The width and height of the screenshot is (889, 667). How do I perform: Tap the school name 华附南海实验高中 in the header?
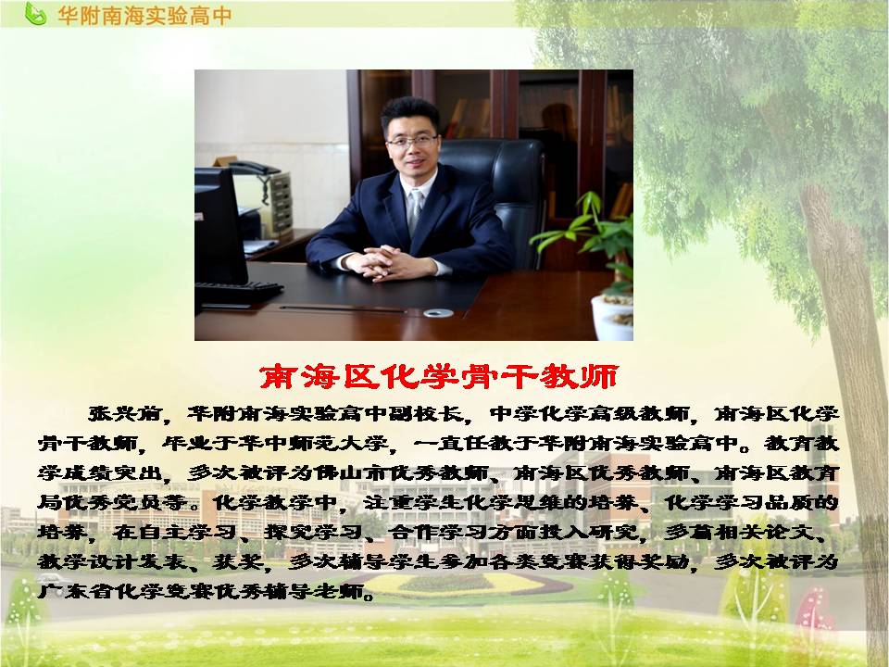144,16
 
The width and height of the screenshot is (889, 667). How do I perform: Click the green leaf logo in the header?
34,14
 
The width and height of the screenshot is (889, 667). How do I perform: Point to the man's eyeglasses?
412,140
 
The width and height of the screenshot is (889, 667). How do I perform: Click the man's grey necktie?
416,208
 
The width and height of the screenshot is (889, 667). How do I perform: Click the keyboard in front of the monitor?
238,292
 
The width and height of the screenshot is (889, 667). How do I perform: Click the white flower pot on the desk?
612,318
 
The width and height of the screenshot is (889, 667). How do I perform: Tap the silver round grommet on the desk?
438,312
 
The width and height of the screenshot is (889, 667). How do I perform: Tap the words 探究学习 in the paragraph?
313,532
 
